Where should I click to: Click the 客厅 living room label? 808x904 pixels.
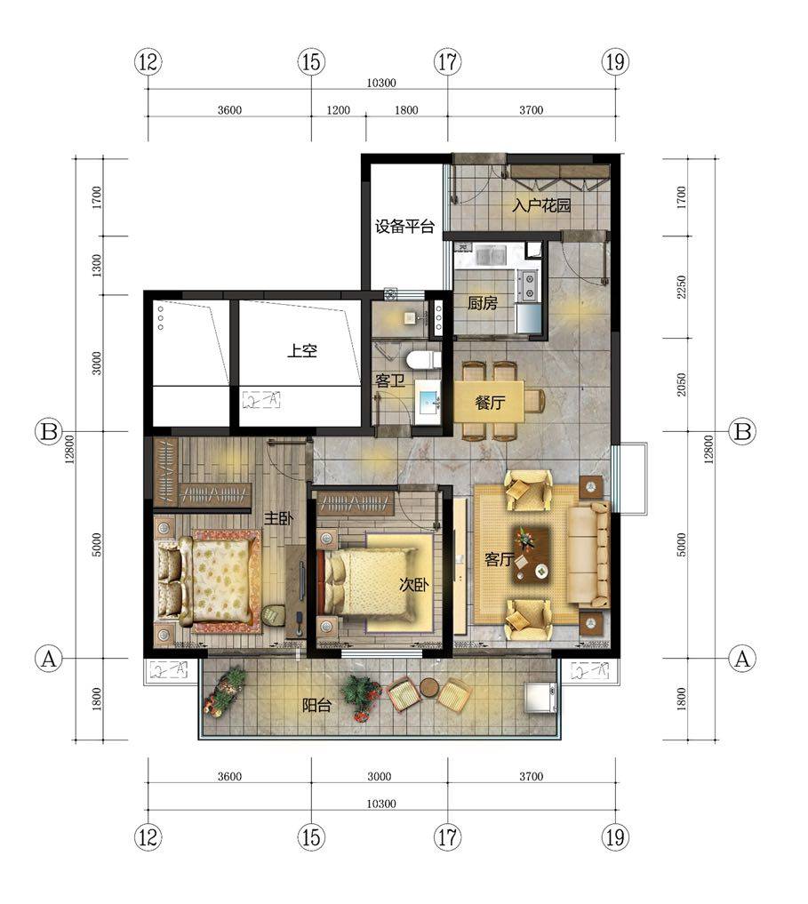click(499, 558)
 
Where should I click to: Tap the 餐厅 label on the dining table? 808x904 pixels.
click(490, 403)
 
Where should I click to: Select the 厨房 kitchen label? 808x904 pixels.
click(482, 303)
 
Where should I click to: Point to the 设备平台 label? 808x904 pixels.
click(404, 226)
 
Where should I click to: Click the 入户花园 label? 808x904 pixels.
click(541, 204)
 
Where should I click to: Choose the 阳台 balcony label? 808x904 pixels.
click(316, 705)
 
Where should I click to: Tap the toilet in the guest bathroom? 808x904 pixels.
click(423, 360)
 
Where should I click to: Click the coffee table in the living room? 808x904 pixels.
click(532, 553)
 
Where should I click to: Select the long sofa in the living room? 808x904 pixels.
click(588, 554)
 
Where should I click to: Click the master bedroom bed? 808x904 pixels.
click(207, 580)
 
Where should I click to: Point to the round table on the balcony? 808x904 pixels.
click(428, 687)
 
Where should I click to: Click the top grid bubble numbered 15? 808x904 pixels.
click(311, 61)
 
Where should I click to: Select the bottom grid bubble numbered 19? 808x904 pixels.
click(615, 837)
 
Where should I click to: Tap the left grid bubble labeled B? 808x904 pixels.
click(49, 431)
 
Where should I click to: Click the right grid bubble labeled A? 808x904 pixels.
click(742, 658)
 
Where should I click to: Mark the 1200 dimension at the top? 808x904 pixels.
click(339, 110)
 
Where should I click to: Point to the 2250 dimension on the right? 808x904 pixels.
click(682, 286)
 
